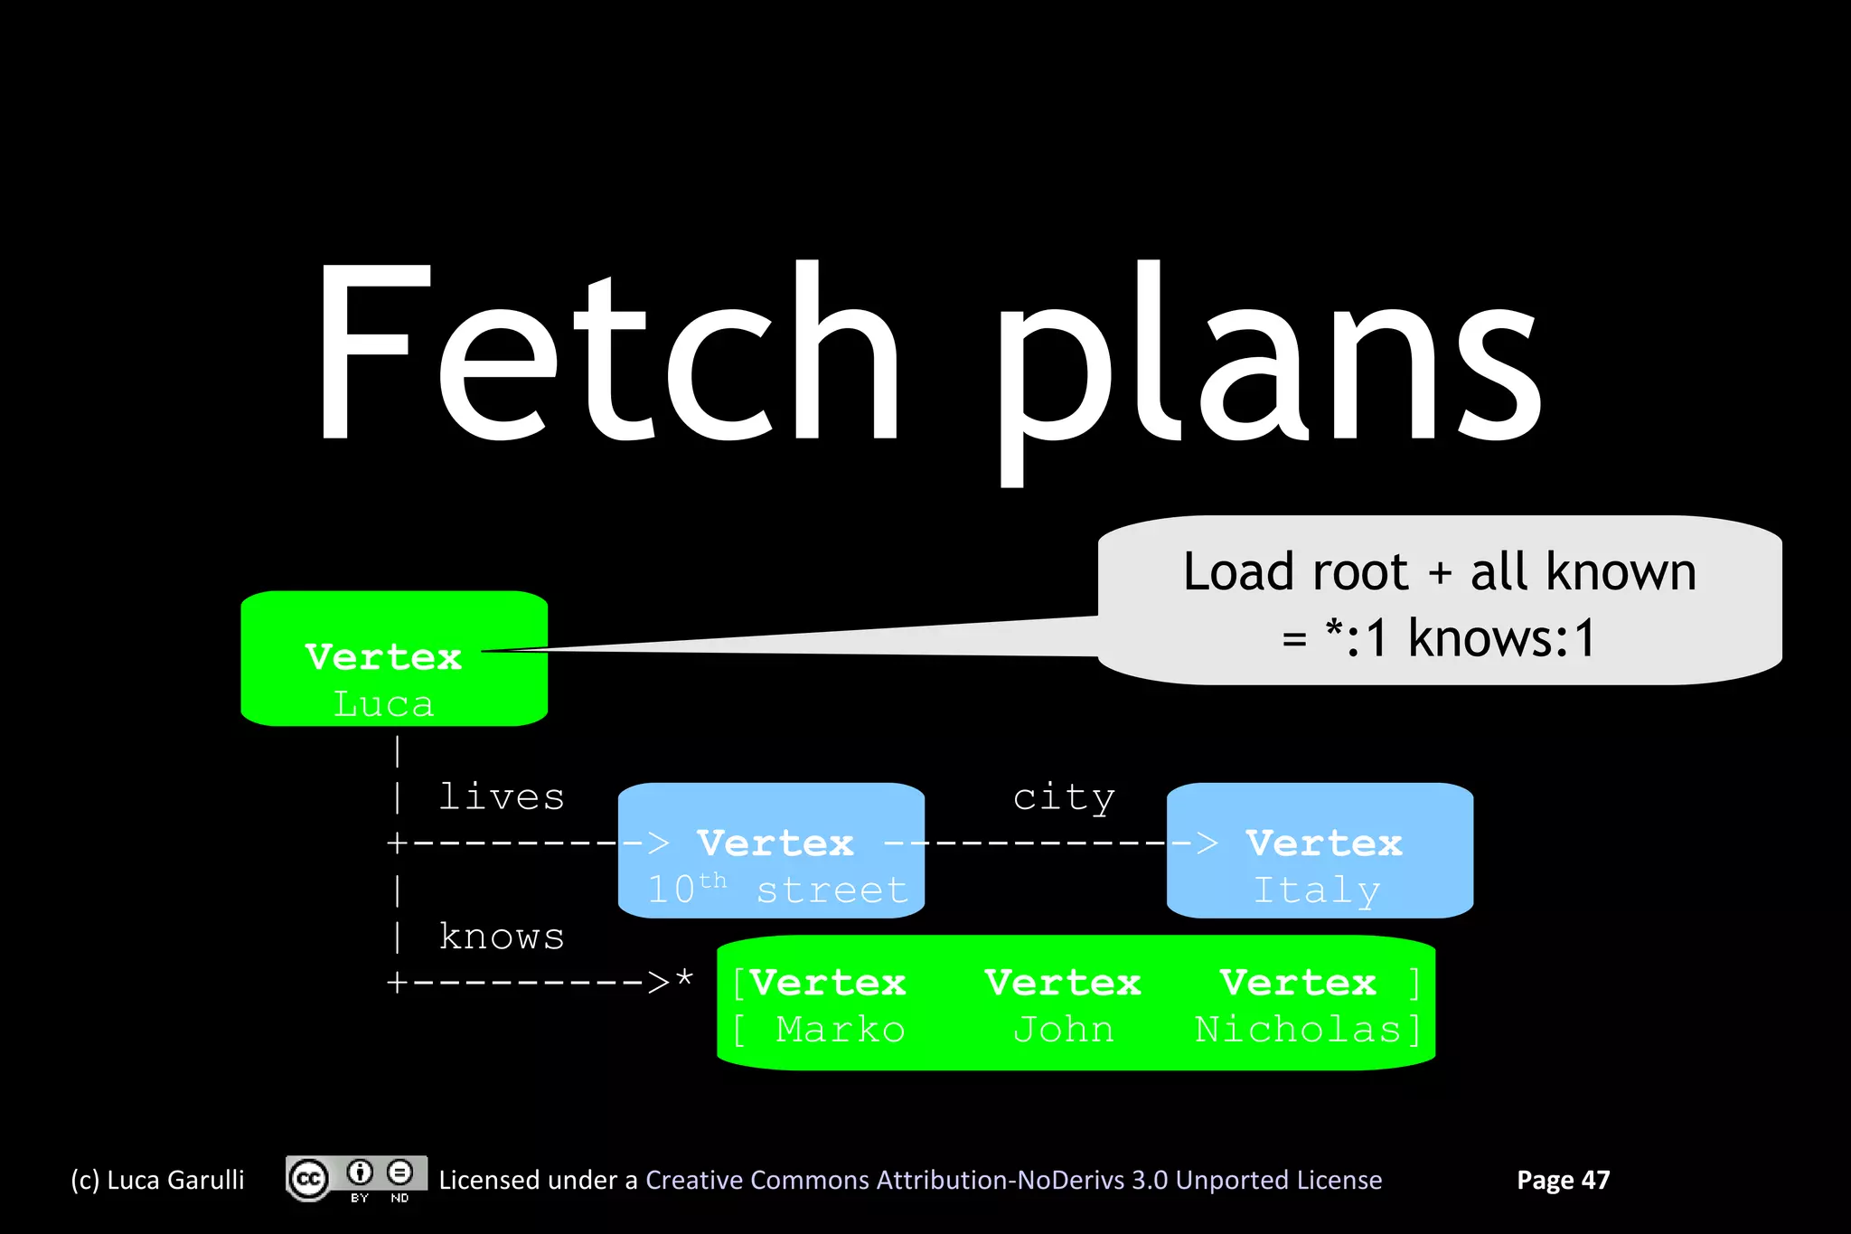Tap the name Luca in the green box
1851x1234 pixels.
coord(383,704)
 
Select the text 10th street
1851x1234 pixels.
coord(777,890)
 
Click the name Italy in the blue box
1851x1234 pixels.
coord(1317,890)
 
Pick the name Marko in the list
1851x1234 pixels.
coord(840,1030)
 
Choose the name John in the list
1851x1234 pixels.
coord(1063,1030)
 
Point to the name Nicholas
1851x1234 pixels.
coord(1298,1030)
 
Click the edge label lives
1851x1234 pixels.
coord(502,797)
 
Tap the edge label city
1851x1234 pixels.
coord(1063,797)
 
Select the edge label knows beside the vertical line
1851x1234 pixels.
coord(502,937)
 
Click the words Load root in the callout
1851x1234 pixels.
coord(1295,571)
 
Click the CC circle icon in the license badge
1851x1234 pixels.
coord(308,1179)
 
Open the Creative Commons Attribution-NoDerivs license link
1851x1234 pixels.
coord(1013,1180)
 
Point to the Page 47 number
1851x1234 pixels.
coord(1563,1180)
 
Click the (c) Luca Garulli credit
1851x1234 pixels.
coord(157,1180)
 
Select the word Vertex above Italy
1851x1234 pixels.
coord(1323,843)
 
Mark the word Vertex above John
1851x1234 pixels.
coord(1063,983)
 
